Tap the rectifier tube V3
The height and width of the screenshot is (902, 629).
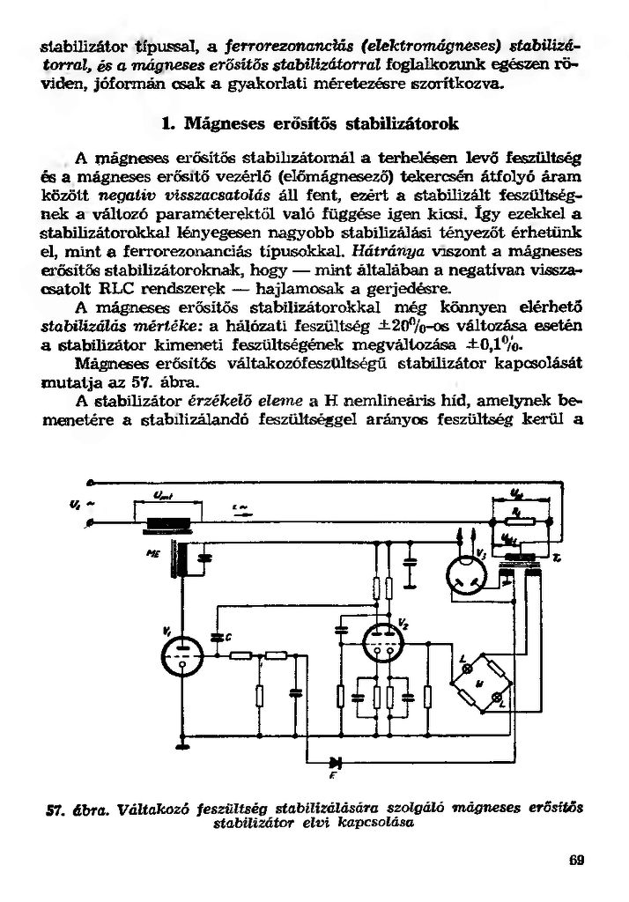click(x=468, y=576)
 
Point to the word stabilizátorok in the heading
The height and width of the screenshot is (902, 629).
click(x=398, y=123)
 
